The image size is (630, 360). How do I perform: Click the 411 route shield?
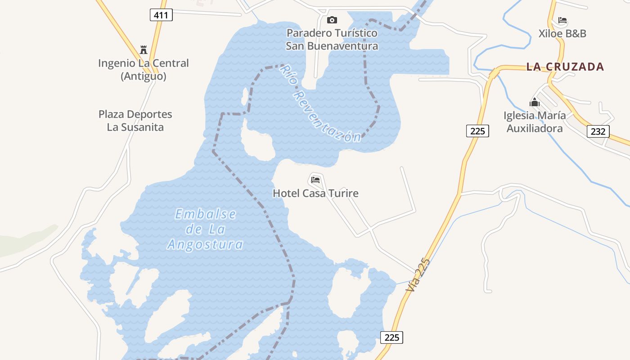click(161, 15)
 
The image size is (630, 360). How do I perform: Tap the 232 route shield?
click(598, 131)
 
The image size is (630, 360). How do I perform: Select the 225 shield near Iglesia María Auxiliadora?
click(477, 131)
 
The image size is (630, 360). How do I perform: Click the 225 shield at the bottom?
click(391, 337)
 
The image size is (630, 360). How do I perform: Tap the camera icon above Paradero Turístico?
click(332, 20)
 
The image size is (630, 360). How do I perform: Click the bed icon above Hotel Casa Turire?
click(315, 180)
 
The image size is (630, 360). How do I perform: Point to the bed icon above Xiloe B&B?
click(562, 20)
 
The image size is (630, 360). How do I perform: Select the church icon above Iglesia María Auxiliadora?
click(535, 102)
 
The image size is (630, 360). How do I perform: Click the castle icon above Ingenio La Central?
click(144, 49)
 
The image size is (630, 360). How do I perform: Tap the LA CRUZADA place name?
click(565, 67)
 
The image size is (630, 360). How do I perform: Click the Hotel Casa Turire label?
click(315, 193)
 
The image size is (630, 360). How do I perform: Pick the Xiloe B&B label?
click(562, 34)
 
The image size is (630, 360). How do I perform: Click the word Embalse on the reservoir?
click(205, 214)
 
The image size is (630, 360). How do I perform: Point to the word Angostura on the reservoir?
click(205, 245)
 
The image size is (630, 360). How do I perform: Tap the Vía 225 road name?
click(418, 276)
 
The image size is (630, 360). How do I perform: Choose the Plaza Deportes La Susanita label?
click(135, 121)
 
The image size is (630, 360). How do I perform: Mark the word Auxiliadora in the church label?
click(535, 129)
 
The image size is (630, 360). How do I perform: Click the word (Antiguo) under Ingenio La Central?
click(144, 76)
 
